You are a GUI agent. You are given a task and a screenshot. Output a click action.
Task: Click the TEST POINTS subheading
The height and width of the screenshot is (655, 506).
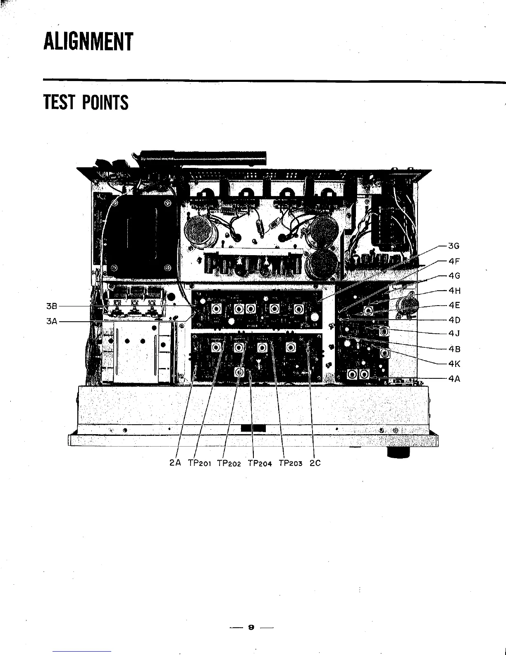(86, 102)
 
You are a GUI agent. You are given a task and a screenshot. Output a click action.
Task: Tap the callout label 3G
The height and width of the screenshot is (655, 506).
(454, 246)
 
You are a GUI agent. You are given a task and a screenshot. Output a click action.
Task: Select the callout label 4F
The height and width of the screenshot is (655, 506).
(454, 261)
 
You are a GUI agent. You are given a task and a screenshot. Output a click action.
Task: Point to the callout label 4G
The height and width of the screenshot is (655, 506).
(454, 276)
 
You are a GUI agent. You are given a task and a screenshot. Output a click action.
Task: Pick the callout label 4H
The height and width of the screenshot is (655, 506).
(454, 291)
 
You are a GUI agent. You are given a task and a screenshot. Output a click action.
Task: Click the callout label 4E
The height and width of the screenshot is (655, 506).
(454, 306)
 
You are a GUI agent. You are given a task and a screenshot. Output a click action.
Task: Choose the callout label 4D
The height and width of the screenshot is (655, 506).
(454, 320)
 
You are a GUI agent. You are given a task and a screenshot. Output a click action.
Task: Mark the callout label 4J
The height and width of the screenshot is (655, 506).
(454, 333)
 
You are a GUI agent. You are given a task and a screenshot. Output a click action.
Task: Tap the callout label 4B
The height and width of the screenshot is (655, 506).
(454, 349)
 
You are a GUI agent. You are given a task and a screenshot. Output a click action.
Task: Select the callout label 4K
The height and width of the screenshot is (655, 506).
(454, 364)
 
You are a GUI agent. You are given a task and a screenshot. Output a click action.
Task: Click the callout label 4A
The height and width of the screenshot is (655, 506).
(454, 378)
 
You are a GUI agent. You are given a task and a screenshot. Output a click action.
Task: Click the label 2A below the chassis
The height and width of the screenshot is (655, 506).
(175, 463)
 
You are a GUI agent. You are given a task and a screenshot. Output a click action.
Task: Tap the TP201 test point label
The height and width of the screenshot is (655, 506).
(200, 463)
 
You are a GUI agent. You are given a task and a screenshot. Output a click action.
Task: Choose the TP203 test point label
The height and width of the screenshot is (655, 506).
(291, 463)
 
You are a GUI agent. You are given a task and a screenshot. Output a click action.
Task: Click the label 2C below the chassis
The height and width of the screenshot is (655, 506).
(315, 463)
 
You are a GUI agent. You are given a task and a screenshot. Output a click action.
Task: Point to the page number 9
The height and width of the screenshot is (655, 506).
(251, 627)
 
